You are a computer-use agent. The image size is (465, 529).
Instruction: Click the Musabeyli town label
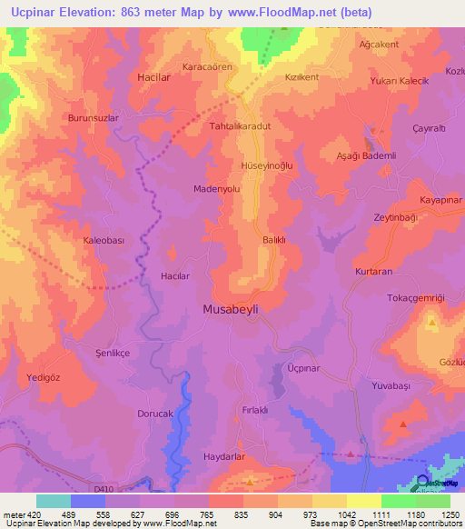tap(229, 309)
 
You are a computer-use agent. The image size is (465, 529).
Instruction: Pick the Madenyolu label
tap(217, 189)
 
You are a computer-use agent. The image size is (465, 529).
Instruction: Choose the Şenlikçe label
tap(114, 352)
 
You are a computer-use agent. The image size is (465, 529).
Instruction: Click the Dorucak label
tap(130, 414)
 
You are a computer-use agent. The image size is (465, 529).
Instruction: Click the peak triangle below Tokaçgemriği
tap(432, 323)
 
